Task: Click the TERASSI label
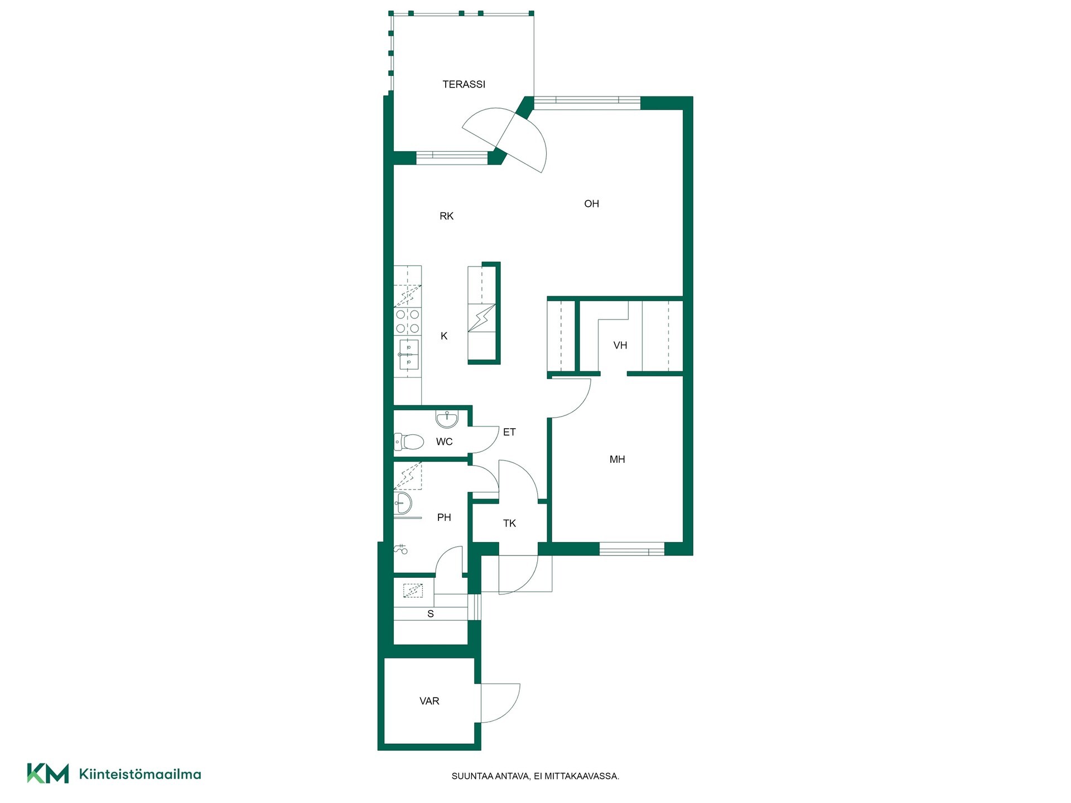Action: pos(464,84)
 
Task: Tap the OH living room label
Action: pos(591,204)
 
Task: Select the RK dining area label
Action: pos(446,216)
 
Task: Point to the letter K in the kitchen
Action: pos(444,336)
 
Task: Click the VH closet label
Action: pos(620,346)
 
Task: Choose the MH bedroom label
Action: pos(617,459)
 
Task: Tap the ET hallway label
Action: pos(509,432)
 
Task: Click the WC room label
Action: pos(444,442)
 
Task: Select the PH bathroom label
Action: pos(444,517)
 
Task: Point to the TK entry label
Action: pos(509,524)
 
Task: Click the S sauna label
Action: pos(431,614)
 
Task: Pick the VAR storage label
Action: pos(430,701)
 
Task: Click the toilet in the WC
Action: pos(409,442)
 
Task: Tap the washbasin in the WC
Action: pos(447,418)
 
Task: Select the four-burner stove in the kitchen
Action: pos(408,321)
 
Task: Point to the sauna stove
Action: pos(413,591)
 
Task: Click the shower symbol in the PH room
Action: pos(401,549)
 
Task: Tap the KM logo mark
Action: pos(48,773)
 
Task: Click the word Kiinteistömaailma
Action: pos(140,774)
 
